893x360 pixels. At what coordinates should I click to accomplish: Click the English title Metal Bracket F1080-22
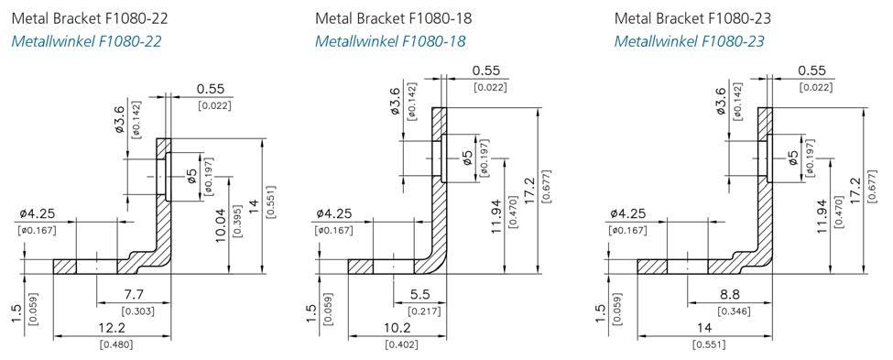90,18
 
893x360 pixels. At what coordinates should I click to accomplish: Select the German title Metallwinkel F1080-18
390,41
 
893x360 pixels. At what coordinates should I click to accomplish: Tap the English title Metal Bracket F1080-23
692,18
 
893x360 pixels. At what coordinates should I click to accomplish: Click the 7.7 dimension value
137,294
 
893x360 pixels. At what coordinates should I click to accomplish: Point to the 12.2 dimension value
112,328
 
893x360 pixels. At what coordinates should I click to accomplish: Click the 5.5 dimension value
422,294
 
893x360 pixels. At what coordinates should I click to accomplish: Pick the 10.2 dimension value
399,328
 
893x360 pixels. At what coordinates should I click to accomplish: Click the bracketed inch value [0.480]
116,344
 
